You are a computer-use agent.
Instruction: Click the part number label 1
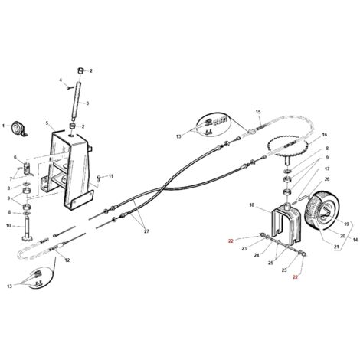[3, 126]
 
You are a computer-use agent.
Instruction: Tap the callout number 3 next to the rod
[87, 103]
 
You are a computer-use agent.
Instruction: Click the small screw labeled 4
[69, 87]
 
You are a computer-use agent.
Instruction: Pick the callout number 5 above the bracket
[47, 123]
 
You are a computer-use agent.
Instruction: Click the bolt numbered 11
[99, 177]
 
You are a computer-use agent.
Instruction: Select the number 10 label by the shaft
[8, 226]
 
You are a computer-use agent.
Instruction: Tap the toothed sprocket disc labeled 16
[287, 148]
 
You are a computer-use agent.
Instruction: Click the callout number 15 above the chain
[258, 112]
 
